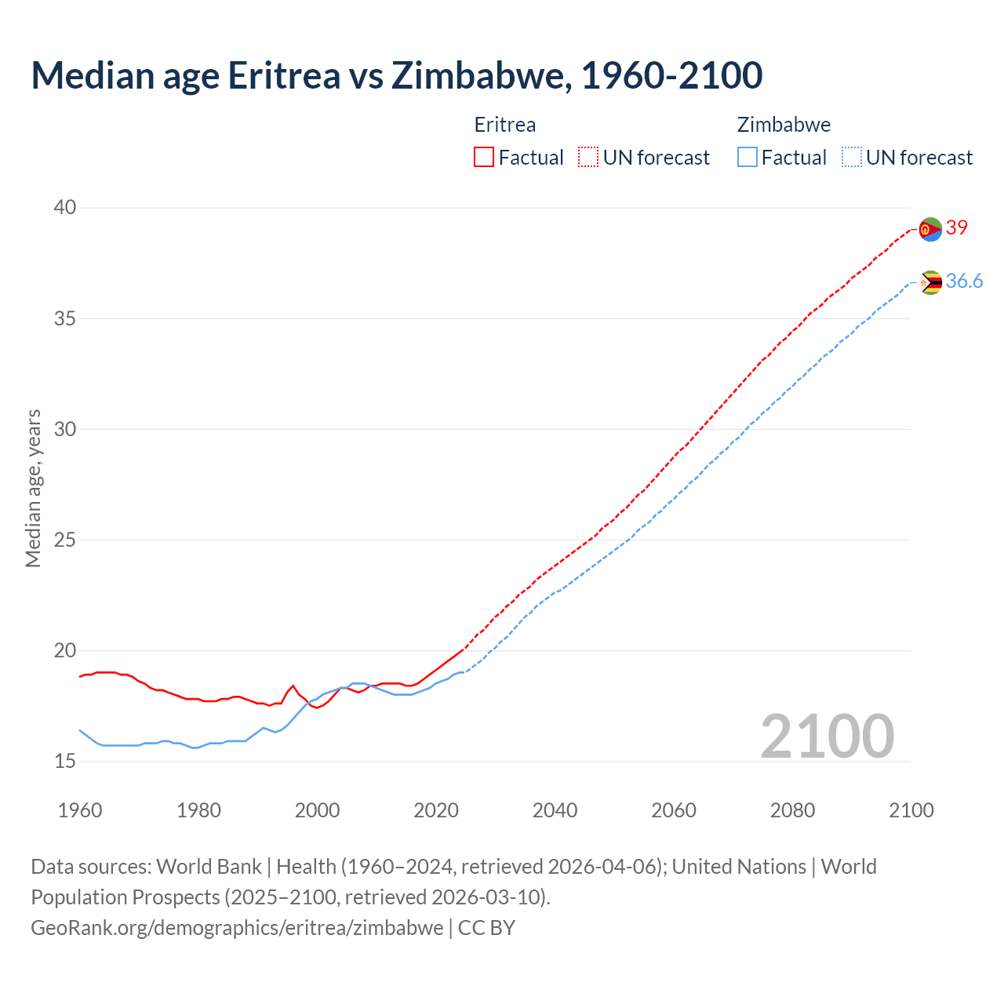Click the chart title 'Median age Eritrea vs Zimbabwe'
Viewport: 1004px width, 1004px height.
396,75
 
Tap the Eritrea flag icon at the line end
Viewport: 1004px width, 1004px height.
930,229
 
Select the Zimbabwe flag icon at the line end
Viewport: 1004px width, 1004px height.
930,282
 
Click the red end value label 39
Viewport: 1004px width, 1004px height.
957,227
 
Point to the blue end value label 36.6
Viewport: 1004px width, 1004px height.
964,281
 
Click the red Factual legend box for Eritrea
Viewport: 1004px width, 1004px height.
484,158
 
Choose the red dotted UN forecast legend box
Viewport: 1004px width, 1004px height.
588,158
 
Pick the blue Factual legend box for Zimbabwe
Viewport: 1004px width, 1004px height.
748,158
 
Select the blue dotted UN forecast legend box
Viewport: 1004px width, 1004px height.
852,158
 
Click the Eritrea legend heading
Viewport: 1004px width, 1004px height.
505,125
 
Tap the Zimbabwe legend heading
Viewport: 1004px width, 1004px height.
784,125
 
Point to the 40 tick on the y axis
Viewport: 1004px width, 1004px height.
65,208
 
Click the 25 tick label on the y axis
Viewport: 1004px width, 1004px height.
65,540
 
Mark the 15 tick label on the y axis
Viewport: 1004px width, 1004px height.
65,761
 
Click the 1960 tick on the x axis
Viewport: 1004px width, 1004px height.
80,810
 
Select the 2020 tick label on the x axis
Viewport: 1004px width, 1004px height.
436,810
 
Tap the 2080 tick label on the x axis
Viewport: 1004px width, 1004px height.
792,810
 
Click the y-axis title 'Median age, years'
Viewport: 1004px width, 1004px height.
33,488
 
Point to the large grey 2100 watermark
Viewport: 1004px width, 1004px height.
827,736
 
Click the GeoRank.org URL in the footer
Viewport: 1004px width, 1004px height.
237,927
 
